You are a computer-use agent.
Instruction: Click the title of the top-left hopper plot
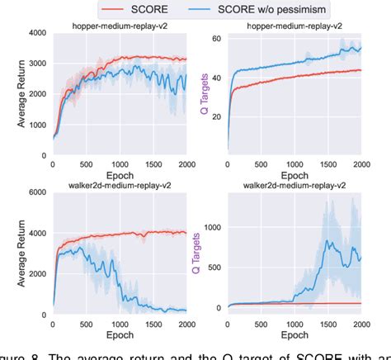pyautogui.click(x=121, y=26)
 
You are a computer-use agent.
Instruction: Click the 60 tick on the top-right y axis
pyautogui.click(x=217, y=40)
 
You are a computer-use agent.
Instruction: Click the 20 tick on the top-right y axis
pyautogui.click(x=217, y=117)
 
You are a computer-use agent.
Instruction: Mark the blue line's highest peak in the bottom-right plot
pyautogui.click(x=327, y=240)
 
